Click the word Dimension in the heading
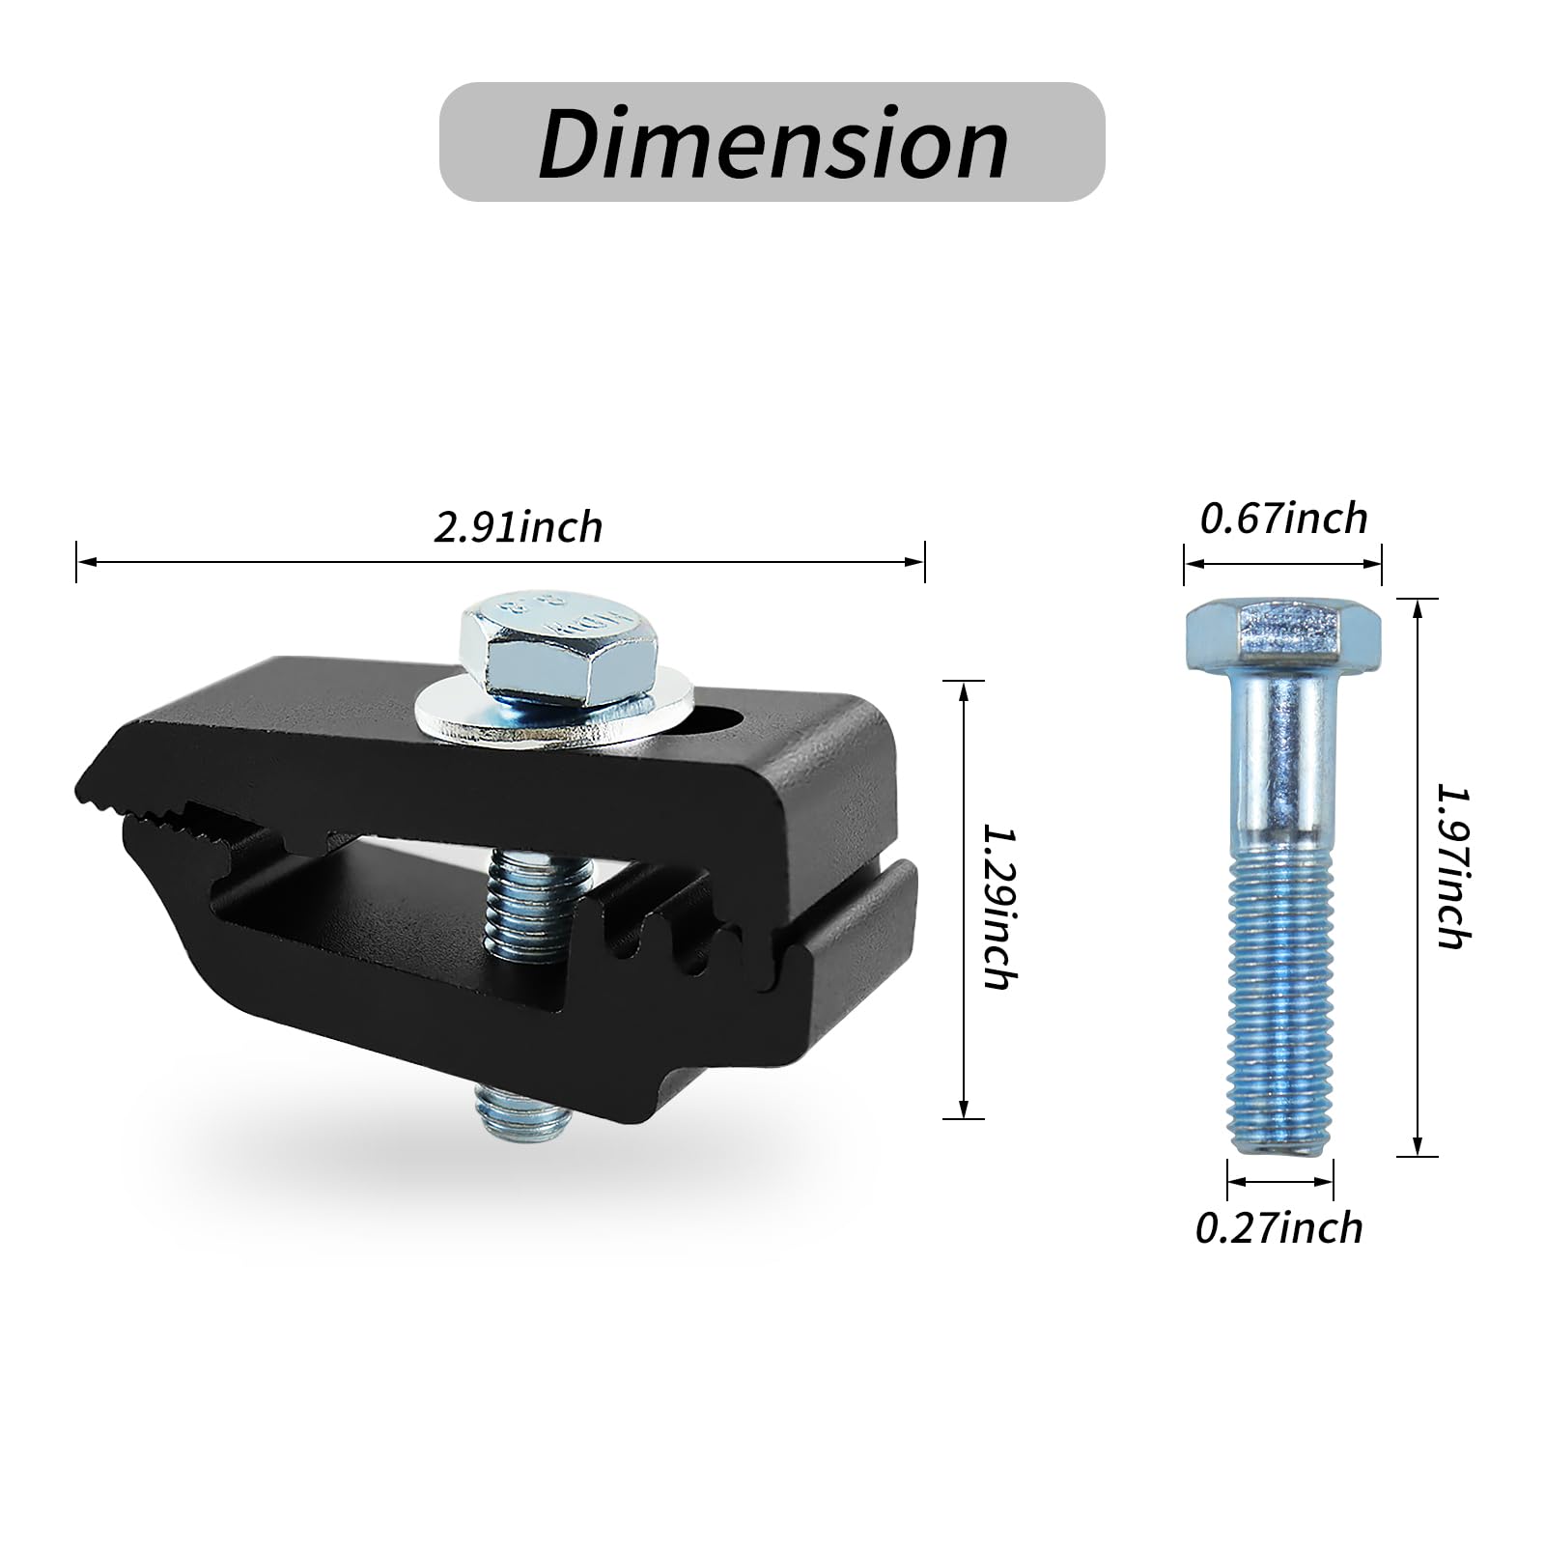point(772,143)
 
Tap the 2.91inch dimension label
point(518,527)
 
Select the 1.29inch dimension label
point(998,905)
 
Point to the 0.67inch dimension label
point(1283,519)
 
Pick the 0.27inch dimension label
point(1278,1228)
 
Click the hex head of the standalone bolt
point(1282,629)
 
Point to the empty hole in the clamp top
point(716,720)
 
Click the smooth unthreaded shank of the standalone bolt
point(1280,753)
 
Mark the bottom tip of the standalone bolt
point(1280,1147)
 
